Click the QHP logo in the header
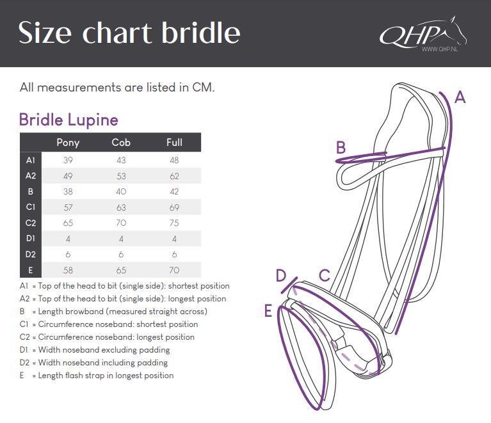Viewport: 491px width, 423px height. point(423,34)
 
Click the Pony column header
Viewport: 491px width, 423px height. point(68,143)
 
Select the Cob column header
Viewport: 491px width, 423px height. point(121,143)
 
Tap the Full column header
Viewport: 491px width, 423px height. point(174,143)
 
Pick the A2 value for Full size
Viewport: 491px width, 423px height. point(174,176)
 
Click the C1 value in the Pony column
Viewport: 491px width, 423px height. point(68,207)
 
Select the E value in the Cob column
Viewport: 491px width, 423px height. point(121,270)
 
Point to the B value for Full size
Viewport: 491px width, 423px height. point(174,191)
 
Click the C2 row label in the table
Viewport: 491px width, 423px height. point(31,223)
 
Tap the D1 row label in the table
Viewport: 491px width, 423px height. point(31,239)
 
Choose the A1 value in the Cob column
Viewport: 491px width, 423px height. point(121,161)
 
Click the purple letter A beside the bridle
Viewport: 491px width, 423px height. point(460,97)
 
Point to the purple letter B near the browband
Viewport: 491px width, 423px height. point(341,147)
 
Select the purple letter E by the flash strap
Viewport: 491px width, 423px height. point(268,311)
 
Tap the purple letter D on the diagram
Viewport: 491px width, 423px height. point(281,276)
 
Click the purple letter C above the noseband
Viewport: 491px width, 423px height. point(325,276)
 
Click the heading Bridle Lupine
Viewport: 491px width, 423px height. point(68,120)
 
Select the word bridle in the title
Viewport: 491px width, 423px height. point(201,33)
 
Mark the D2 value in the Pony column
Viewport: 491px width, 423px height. point(68,255)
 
